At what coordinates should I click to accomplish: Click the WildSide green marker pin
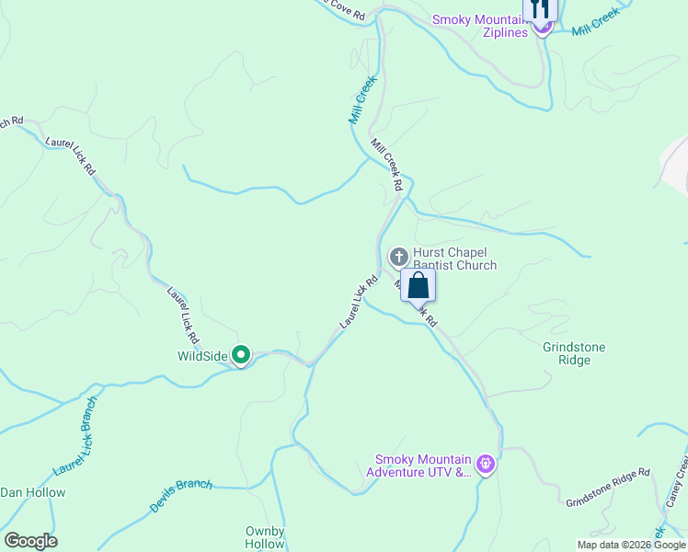coord(241,354)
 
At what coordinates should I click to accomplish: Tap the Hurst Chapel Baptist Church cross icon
coord(399,255)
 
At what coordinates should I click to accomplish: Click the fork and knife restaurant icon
coord(540,9)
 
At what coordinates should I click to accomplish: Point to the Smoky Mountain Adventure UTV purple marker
coord(487,465)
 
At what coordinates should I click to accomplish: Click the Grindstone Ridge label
coord(580,353)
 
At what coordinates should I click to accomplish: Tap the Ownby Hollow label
coord(265,537)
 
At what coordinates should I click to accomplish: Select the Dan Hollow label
coord(33,492)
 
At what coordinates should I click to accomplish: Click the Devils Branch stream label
coord(181,496)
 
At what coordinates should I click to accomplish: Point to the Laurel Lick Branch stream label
coord(75,441)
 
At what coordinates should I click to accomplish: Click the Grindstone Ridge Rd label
coord(608,488)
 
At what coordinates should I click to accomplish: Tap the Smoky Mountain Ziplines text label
coord(479,25)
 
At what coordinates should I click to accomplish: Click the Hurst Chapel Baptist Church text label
coord(454,259)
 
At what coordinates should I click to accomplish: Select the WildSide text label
coord(202,355)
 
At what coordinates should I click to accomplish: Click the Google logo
coord(30,541)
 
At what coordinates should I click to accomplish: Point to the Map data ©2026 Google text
coord(631,545)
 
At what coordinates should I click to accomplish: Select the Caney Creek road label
coord(675,484)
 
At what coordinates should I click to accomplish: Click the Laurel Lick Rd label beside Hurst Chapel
coord(359,301)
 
